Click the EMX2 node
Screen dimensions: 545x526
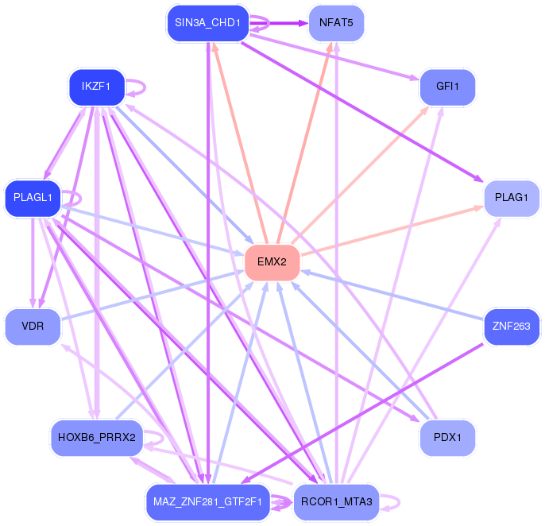click(x=272, y=262)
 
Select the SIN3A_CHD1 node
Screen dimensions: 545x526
click(x=208, y=23)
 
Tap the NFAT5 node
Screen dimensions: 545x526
click(x=336, y=23)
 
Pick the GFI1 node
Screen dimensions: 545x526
click(x=447, y=87)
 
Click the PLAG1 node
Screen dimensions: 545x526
click(x=512, y=198)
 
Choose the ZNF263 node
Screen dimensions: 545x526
click(x=512, y=327)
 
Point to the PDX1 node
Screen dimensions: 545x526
click(x=447, y=438)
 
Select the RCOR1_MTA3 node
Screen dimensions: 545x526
click(x=336, y=502)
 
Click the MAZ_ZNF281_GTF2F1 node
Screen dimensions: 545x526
click(x=208, y=502)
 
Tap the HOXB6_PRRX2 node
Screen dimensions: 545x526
click(x=97, y=438)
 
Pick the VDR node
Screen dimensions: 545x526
click(x=33, y=327)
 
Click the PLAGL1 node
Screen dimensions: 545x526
click(x=33, y=198)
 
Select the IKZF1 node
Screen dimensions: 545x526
click(x=97, y=87)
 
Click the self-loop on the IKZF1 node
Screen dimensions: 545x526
click(x=145, y=87)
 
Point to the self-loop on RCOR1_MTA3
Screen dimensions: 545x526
click(x=400, y=502)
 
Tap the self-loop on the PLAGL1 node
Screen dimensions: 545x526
click(x=81, y=198)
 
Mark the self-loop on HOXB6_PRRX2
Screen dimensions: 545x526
click(x=163, y=438)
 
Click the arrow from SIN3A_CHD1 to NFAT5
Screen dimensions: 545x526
click(x=279, y=23)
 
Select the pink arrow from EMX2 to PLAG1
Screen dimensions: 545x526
click(x=392, y=231)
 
